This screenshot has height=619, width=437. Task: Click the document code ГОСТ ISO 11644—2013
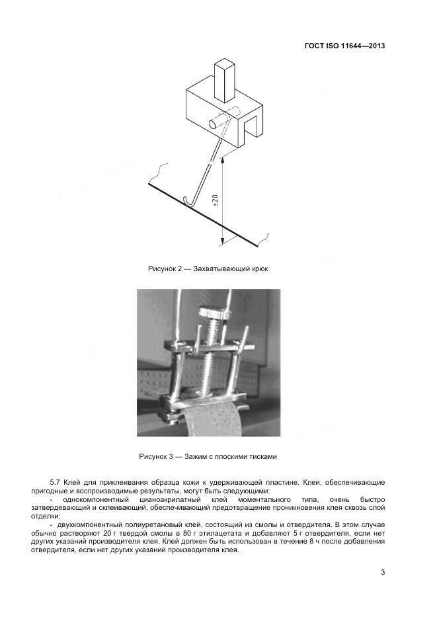tap(344, 46)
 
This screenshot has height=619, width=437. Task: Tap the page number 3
tap(383, 573)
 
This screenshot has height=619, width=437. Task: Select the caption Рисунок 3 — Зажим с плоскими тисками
tap(208, 456)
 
